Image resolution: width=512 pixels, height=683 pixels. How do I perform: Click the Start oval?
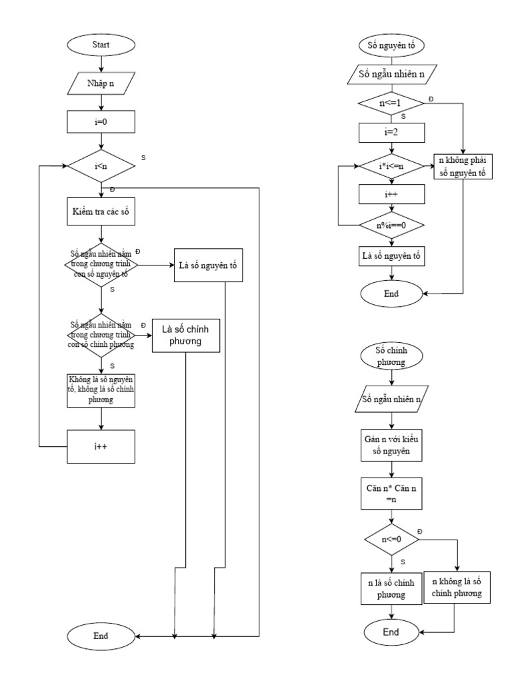(x=101, y=45)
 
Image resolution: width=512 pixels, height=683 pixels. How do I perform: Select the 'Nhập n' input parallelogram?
(x=101, y=83)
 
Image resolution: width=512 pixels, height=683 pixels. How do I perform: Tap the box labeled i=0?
(x=101, y=122)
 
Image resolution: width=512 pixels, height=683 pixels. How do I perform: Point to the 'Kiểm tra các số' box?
(x=101, y=213)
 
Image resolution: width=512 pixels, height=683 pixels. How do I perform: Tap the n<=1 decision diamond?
(x=391, y=104)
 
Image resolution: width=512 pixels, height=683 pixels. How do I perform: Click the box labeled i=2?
(x=391, y=132)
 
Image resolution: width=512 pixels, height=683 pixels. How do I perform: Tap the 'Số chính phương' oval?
(x=391, y=356)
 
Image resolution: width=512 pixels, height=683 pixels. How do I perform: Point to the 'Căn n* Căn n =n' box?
(x=391, y=494)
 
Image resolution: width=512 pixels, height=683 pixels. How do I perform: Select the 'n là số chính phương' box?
(x=391, y=588)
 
